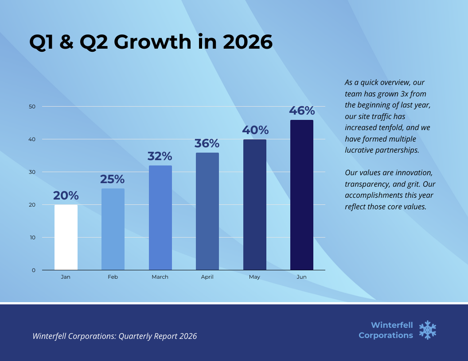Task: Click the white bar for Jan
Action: click(x=66, y=237)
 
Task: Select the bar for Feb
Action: click(x=113, y=229)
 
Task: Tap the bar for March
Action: click(x=160, y=218)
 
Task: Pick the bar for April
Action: click(x=207, y=211)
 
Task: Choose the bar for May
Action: click(x=254, y=204)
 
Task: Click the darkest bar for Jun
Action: click(x=301, y=195)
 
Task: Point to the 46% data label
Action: click(x=302, y=110)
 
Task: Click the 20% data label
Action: click(x=66, y=195)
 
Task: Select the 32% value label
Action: click(x=160, y=156)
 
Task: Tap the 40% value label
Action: click(x=255, y=130)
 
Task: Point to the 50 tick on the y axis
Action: click(x=32, y=107)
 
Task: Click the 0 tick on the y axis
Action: click(x=34, y=270)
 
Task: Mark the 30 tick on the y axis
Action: click(x=32, y=172)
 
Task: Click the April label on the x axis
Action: click(x=207, y=277)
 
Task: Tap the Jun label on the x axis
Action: click(x=301, y=277)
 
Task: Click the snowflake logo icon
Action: click(x=428, y=330)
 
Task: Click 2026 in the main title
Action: click(x=247, y=42)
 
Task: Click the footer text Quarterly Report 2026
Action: click(x=157, y=336)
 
